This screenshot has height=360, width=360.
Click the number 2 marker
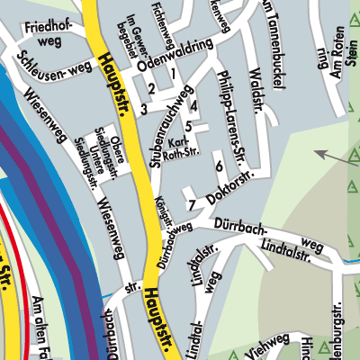[x=152, y=88]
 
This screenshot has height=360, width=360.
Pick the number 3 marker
[x=143, y=109]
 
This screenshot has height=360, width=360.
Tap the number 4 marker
[x=194, y=105]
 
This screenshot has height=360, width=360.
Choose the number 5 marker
[x=188, y=126]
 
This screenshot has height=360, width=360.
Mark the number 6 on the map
[x=219, y=166]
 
